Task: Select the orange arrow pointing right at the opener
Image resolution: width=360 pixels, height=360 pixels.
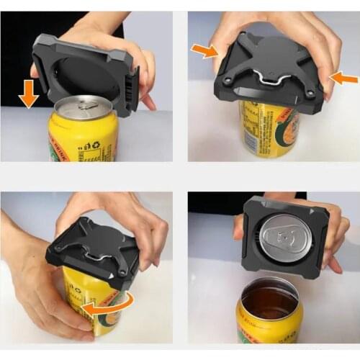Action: click(206, 50)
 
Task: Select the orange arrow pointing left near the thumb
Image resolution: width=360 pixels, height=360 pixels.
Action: click(344, 78)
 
